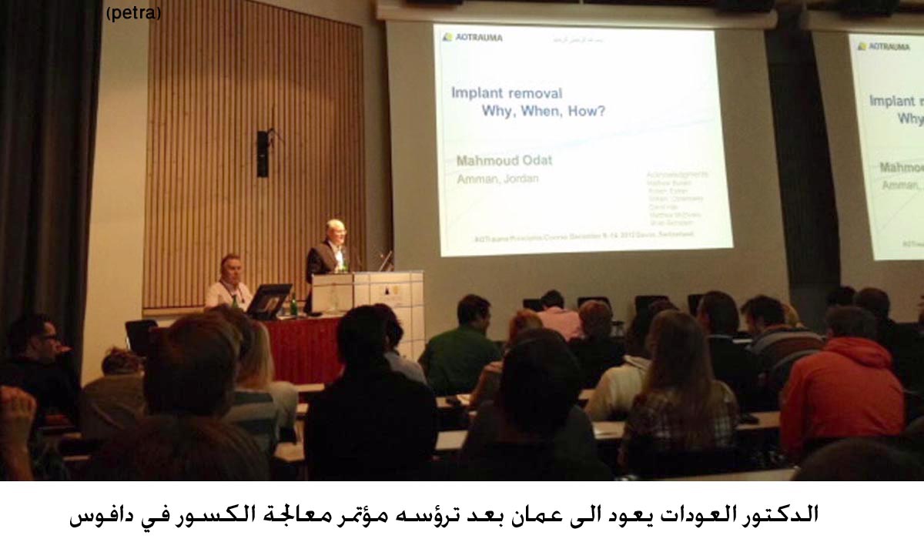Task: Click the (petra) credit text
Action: (x=134, y=14)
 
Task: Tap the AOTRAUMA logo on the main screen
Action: (x=473, y=37)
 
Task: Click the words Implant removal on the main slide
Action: (x=507, y=94)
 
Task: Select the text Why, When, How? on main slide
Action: (x=543, y=111)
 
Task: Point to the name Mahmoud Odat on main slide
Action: (x=504, y=161)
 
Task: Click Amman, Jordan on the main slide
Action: (x=497, y=179)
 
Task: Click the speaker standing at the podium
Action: (x=330, y=250)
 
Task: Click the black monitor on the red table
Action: (x=268, y=300)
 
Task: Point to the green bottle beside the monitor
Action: (x=293, y=306)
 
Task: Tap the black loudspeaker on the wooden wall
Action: (x=263, y=153)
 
